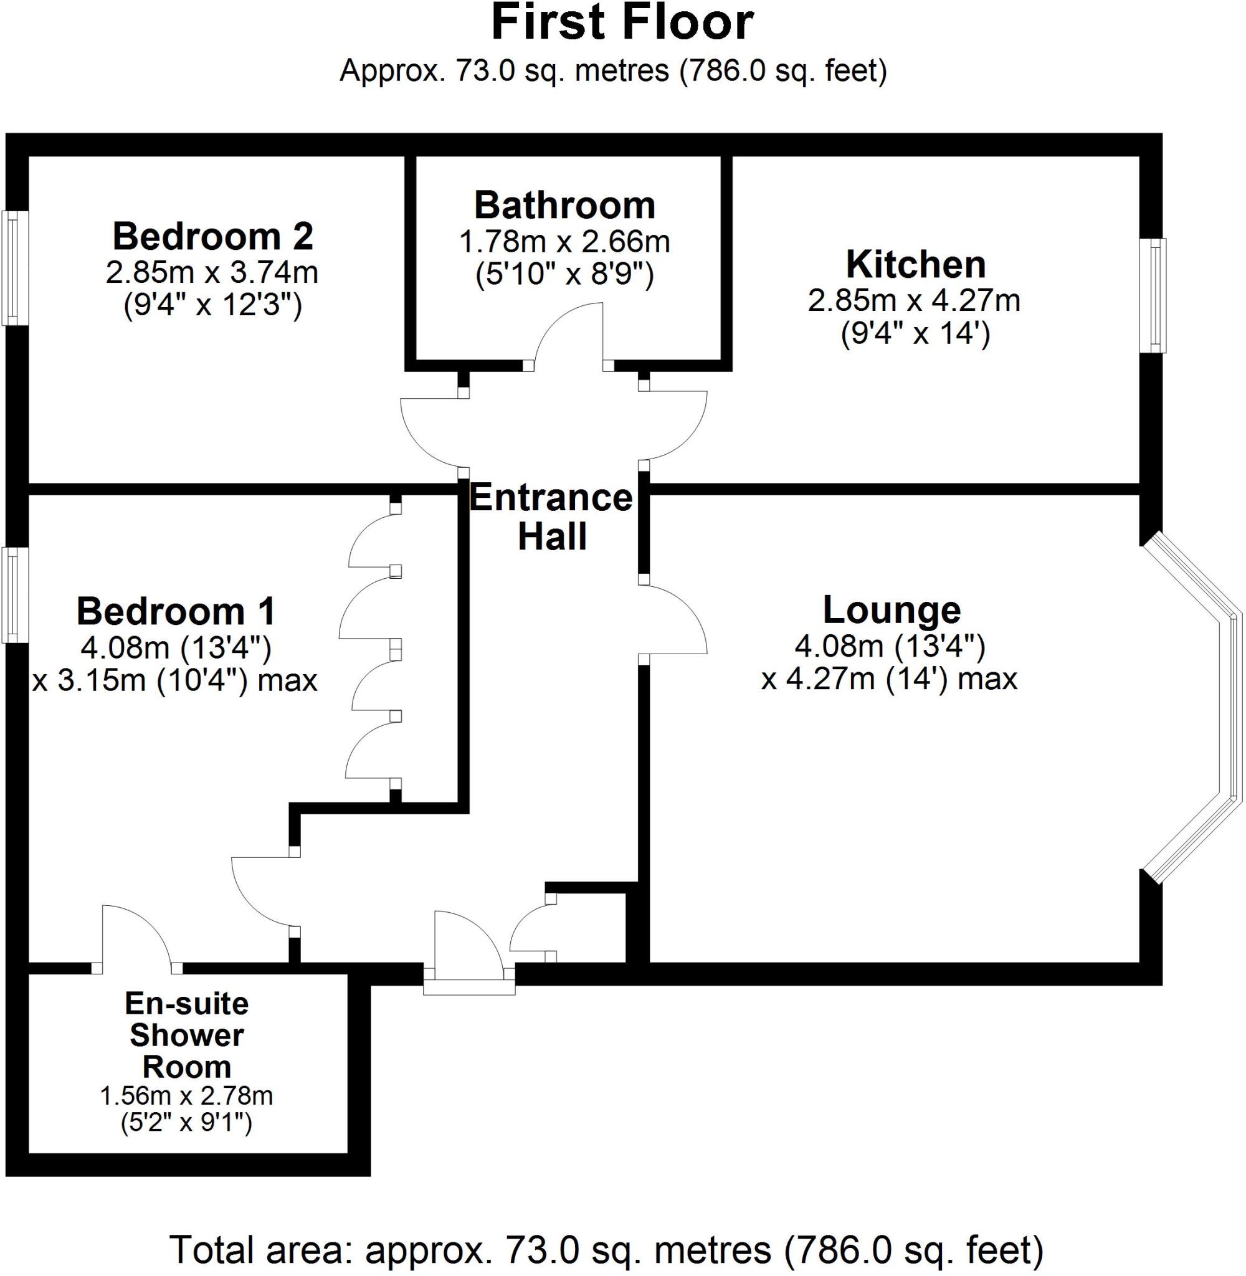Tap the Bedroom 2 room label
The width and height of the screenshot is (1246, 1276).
coord(212,236)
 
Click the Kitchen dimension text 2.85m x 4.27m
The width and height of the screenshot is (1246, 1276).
coord(913,301)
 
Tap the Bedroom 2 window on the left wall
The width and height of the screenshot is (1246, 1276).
coord(13,267)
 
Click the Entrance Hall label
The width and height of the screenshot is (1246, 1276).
coord(551,517)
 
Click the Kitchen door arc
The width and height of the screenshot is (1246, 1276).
coord(677,426)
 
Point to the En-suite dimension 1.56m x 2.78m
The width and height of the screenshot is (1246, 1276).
coord(186,1095)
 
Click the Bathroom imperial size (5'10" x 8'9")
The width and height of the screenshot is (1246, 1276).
coord(564,275)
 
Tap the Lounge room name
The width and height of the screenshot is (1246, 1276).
coord(892,610)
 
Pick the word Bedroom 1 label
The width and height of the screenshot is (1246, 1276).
coord(176,612)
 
